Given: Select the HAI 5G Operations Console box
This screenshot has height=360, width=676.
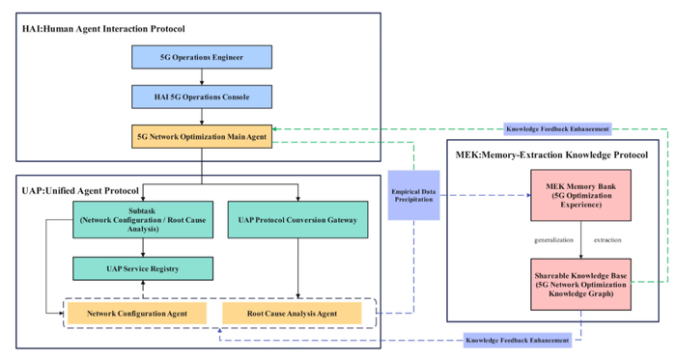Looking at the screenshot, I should [x=201, y=97].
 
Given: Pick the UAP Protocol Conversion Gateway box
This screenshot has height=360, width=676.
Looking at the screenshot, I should [x=298, y=220].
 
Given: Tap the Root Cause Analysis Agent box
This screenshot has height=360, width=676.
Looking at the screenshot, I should [x=298, y=314].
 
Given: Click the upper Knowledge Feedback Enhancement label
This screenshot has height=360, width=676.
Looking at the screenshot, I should [x=558, y=128].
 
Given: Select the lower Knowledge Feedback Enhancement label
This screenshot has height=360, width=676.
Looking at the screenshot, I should [x=516, y=340].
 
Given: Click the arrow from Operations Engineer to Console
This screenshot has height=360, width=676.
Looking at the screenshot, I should [x=201, y=77].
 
